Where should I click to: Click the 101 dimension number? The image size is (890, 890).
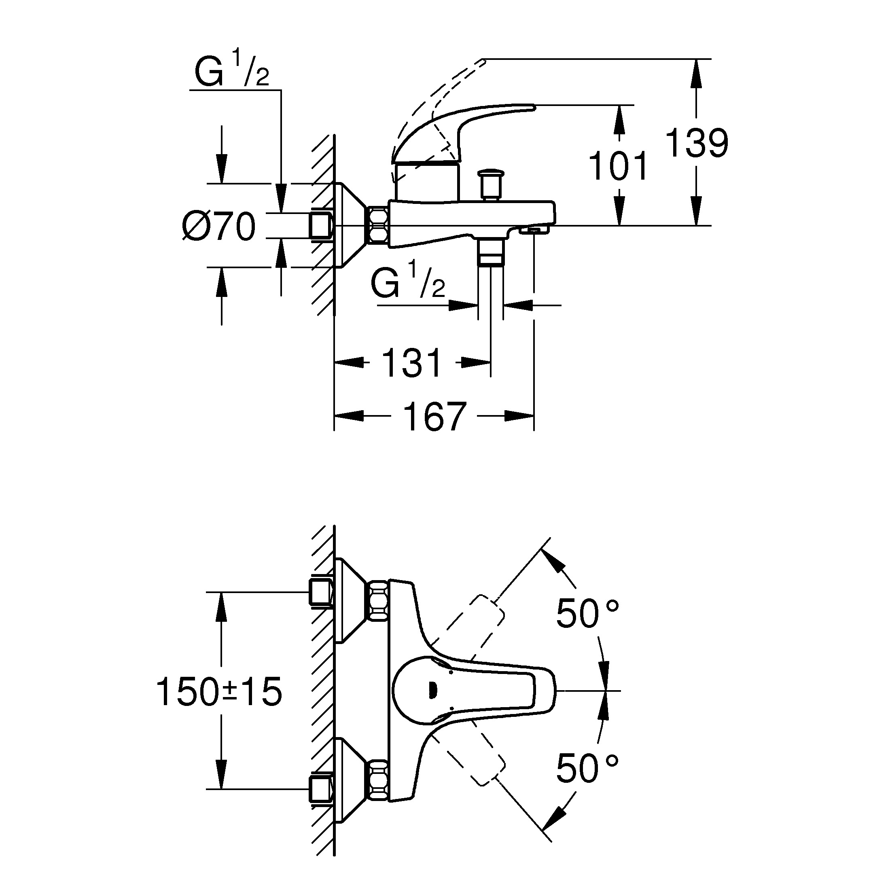pyautogui.click(x=619, y=166)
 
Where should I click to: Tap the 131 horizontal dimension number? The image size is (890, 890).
pyautogui.click(x=412, y=363)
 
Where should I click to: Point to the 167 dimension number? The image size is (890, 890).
pyautogui.click(x=434, y=416)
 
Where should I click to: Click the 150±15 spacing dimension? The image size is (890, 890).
pyautogui.click(x=219, y=691)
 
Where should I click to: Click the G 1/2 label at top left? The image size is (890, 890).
pyautogui.click(x=232, y=70)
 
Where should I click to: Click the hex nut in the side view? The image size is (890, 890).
pyautogui.click(x=378, y=225)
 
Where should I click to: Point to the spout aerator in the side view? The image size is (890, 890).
pyautogui.click(x=534, y=229)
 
